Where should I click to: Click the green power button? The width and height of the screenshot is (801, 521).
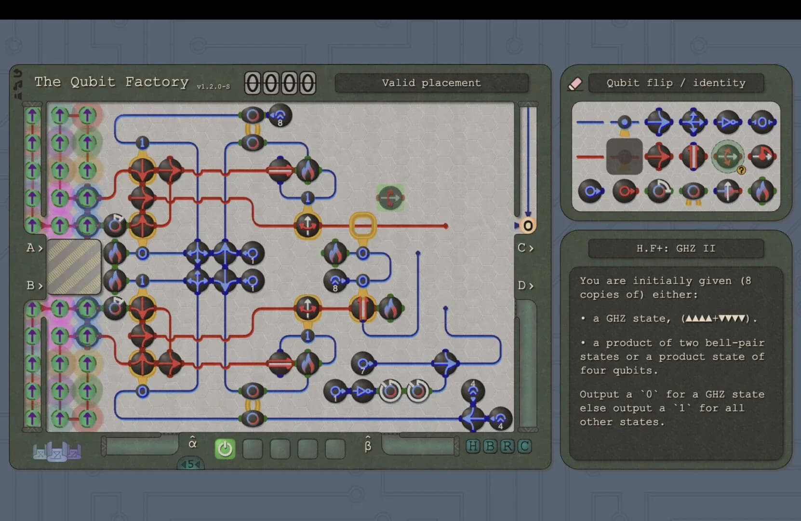(225, 448)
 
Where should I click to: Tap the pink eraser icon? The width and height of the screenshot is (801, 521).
(574, 84)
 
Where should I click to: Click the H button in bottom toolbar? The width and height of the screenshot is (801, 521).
(473, 446)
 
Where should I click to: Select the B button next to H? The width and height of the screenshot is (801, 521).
(490, 446)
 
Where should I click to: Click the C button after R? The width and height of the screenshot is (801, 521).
(524, 446)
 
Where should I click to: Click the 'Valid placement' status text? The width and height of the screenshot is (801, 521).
(431, 83)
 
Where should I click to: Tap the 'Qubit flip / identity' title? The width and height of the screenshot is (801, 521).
(676, 83)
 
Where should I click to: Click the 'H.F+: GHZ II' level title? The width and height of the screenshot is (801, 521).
(676, 248)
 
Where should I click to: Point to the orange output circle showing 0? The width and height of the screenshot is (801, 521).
(528, 225)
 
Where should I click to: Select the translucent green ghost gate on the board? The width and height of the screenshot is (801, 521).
(390, 197)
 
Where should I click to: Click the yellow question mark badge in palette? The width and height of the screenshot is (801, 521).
(741, 170)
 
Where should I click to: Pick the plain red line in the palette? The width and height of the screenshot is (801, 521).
(589, 157)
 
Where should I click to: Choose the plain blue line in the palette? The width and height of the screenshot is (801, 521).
(589, 123)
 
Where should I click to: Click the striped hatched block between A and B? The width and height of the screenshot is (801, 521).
(74, 267)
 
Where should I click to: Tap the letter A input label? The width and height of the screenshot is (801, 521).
(30, 247)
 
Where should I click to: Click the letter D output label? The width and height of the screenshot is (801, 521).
(522, 286)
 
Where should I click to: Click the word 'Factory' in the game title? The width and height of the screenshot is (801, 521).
(157, 82)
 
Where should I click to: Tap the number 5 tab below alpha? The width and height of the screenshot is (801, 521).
(190, 464)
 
